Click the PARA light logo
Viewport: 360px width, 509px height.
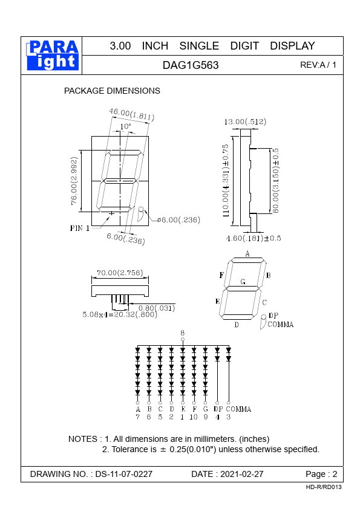pyautogui.click(x=52, y=55)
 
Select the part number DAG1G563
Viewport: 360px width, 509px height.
pyautogui.click(x=191, y=65)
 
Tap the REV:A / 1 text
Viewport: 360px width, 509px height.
pyautogui.click(x=318, y=65)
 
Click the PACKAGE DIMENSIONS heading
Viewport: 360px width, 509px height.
pyautogui.click(x=112, y=91)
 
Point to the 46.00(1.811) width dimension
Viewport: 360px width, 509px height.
pyautogui.click(x=131, y=114)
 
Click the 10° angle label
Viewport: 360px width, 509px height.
pyautogui.click(x=125, y=126)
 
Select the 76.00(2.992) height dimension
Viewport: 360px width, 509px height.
pyautogui.click(x=74, y=181)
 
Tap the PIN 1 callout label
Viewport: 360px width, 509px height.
pyautogui.click(x=80, y=229)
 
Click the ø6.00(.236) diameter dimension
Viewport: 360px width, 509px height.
pyautogui.click(x=178, y=220)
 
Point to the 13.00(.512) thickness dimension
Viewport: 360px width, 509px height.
pyautogui.click(x=245, y=122)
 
